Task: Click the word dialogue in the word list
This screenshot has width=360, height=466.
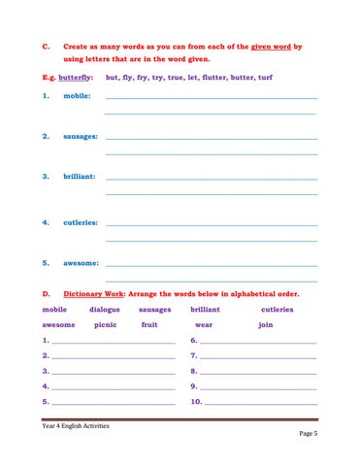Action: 105,309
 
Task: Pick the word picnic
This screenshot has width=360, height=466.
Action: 106,324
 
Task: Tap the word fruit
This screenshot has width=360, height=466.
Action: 149,324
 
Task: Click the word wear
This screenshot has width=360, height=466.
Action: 204,324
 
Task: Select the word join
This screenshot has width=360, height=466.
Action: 266,324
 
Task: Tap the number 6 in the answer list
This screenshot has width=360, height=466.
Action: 194,342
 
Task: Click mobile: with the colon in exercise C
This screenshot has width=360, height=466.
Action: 78,98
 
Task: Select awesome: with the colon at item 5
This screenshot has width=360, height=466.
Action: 82,263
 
